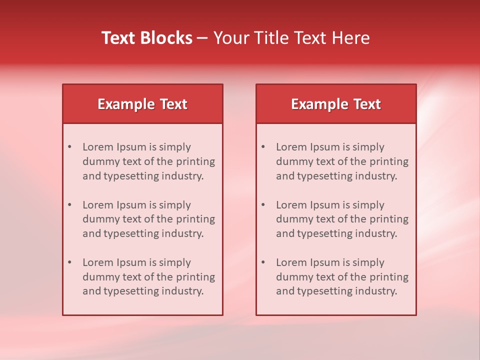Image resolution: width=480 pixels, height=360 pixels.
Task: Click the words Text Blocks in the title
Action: tap(147, 38)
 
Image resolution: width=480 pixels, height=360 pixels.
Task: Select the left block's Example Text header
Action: tap(142, 104)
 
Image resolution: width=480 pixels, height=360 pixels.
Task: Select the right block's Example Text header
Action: tap(336, 104)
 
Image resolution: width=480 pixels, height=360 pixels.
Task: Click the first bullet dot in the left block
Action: tap(70, 147)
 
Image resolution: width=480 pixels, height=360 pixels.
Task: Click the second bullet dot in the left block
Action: tap(70, 205)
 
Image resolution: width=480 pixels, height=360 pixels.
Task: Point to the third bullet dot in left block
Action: tap(70, 262)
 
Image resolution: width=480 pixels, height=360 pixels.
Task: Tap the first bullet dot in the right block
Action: tap(263, 147)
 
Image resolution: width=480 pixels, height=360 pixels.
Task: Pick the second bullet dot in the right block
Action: tap(263, 205)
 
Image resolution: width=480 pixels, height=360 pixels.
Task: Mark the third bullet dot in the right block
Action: tap(263, 262)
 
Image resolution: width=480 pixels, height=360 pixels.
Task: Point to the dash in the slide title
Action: tap(202, 38)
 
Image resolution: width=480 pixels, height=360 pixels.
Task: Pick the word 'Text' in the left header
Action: tap(174, 104)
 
